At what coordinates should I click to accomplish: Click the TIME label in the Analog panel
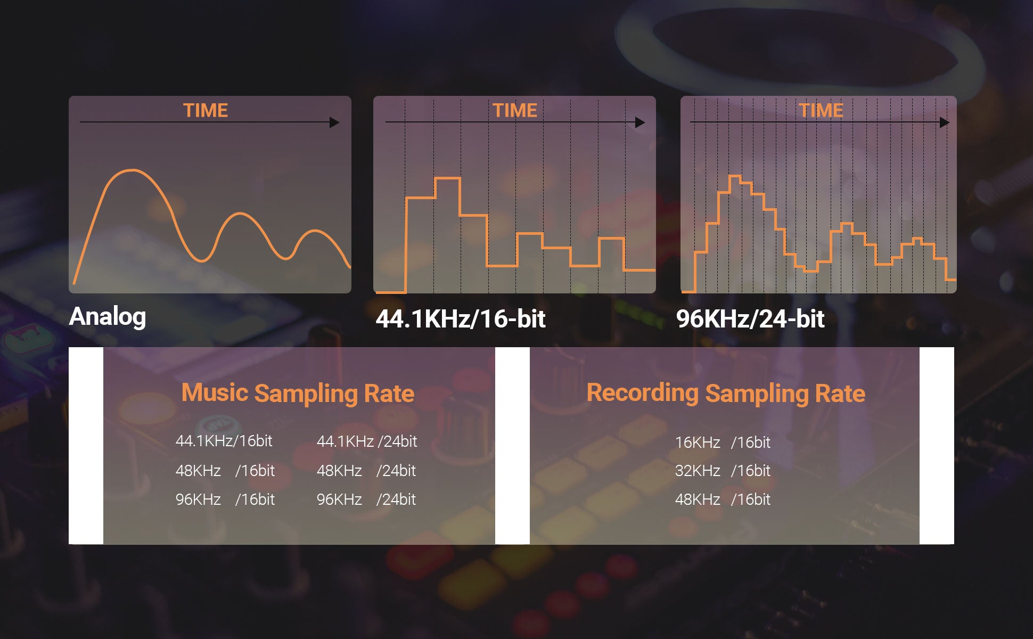[206, 110]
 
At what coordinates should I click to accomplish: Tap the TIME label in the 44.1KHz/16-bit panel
[514, 110]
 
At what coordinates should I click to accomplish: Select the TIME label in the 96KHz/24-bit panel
[821, 110]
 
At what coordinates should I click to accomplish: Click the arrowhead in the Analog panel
[334, 122]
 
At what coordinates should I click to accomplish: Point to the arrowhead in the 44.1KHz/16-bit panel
[640, 122]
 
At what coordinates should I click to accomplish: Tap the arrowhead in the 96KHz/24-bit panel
[945, 122]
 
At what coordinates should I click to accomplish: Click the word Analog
[108, 317]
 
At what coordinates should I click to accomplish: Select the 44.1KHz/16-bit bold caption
[461, 319]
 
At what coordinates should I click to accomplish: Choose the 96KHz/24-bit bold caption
[750, 319]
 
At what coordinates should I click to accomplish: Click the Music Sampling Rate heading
[298, 394]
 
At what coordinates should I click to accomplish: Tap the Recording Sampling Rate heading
[726, 394]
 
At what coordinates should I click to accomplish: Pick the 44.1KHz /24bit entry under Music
[367, 441]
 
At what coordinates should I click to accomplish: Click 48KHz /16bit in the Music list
[225, 471]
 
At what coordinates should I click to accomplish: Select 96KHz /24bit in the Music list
[366, 499]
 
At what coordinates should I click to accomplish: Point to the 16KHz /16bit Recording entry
[723, 443]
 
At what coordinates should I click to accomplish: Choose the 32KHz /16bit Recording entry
[723, 471]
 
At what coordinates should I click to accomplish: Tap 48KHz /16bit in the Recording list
[723, 499]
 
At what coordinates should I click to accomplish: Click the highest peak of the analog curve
[132, 170]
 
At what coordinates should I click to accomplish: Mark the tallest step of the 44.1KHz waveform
[447, 179]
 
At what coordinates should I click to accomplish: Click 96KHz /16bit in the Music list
[225, 499]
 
